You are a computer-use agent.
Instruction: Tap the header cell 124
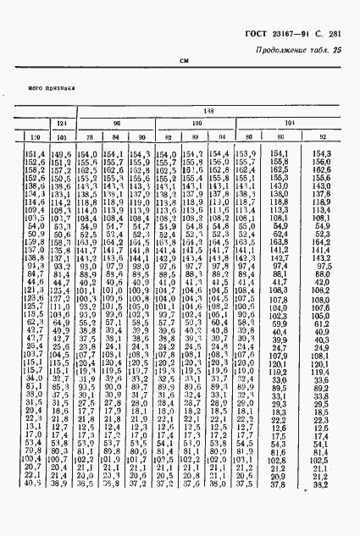point(61,124)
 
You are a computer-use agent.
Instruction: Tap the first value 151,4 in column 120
point(35,153)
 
